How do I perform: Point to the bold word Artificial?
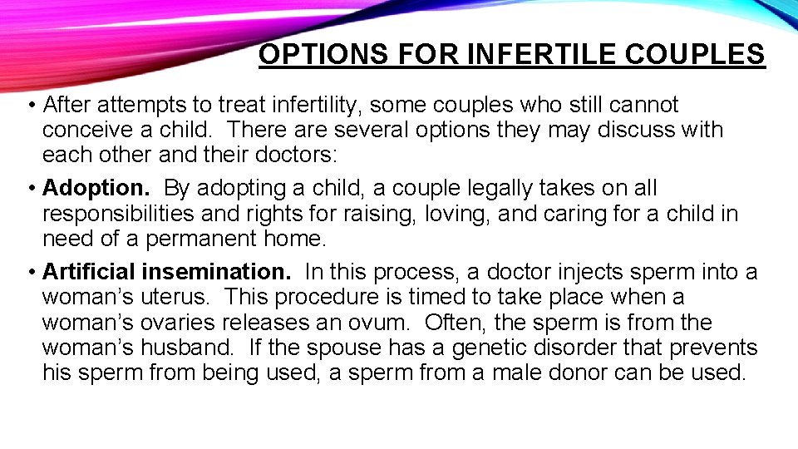click(x=89, y=272)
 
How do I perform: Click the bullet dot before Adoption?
click(x=31, y=189)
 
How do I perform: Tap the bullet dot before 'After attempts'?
click(x=31, y=106)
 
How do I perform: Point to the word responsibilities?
click(x=119, y=214)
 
